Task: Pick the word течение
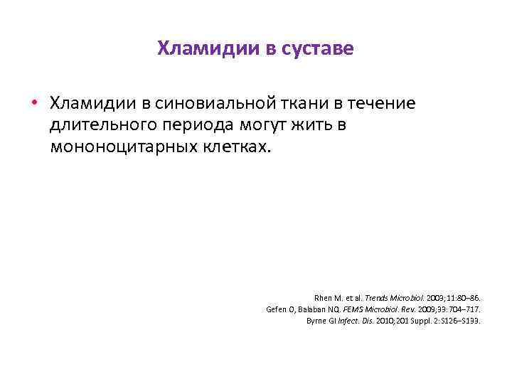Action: click(x=383, y=104)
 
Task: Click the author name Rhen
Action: click(x=323, y=298)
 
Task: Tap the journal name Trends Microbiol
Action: click(x=392, y=298)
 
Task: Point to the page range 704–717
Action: click(x=465, y=309)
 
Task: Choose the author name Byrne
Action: click(x=318, y=321)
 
